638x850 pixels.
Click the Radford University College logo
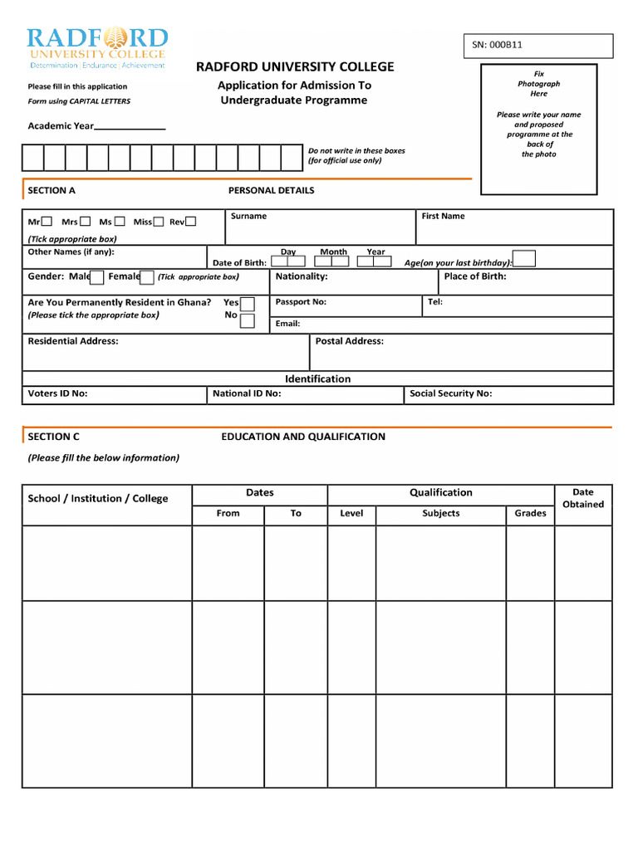pos(97,47)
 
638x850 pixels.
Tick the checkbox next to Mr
pos(47,222)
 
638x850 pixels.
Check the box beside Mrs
pos(86,222)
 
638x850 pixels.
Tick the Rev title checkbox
pos(191,222)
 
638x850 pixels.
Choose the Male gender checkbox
pos(97,277)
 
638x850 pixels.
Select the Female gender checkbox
pos(147,277)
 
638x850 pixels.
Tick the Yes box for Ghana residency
pos(248,304)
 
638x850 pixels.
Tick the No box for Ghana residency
pos(248,320)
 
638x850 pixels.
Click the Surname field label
pos(248,216)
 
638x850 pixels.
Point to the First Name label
pos(443,216)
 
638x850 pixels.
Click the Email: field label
pos(287,324)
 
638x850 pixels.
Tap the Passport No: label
pos(301,302)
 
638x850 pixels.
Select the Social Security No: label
pos(450,393)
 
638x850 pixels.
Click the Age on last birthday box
pos(524,259)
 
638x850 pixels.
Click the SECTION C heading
pos(54,437)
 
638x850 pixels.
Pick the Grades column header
pos(530,513)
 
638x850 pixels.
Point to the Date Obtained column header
pos(583,498)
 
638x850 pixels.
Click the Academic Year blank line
pos(130,127)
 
